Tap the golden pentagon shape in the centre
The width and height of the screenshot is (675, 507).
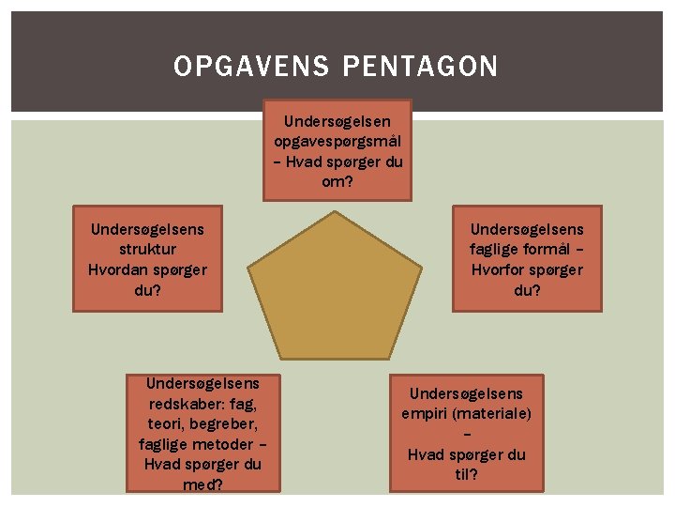point(336,282)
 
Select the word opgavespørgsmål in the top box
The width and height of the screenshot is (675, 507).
point(337,141)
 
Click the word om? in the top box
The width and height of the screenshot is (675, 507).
point(337,181)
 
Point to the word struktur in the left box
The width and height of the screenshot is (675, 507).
point(147,249)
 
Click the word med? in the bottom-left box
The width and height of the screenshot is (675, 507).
point(202,484)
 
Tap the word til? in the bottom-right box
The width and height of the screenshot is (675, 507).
point(466,474)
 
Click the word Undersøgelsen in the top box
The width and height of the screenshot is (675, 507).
point(337,120)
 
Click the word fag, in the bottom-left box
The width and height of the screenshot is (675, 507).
point(240,404)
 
